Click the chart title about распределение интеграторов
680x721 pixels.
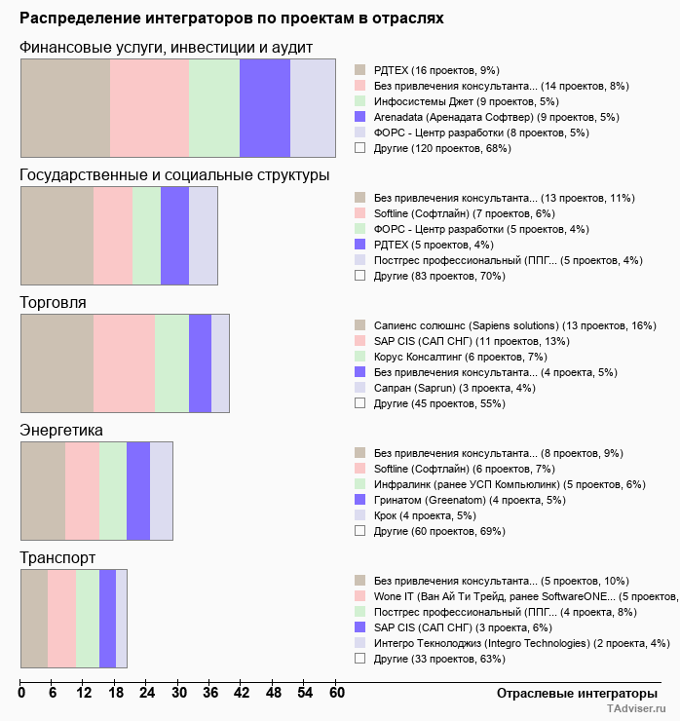[x=232, y=19]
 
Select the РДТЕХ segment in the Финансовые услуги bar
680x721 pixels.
[x=65, y=107]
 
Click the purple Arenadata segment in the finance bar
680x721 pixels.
[x=265, y=107]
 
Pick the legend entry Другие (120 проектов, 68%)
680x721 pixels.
[x=442, y=148]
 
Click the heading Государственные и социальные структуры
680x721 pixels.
[x=174, y=175]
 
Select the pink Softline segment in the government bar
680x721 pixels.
[x=113, y=235]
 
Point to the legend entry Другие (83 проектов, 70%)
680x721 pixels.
[x=439, y=276]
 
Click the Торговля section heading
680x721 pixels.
[x=54, y=303]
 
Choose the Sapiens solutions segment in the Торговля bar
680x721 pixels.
[x=57, y=363]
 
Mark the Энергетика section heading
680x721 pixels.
[x=61, y=431]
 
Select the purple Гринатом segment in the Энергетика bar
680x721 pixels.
[x=138, y=490]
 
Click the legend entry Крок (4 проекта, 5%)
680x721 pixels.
[x=425, y=515]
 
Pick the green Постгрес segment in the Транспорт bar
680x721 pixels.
[x=88, y=619]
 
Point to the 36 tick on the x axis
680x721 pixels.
[x=210, y=693]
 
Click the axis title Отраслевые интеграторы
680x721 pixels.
[x=571, y=693]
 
